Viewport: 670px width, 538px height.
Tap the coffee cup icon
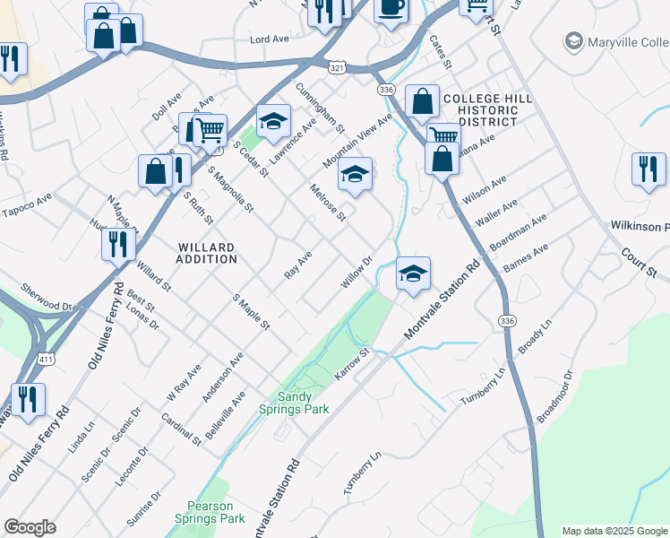[x=390, y=8]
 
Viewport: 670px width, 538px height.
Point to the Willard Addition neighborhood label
[x=207, y=253]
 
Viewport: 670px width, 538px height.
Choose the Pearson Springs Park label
[x=215, y=512]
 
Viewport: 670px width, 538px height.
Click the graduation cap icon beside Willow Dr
[x=412, y=273]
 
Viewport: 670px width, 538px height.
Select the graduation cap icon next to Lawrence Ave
[x=274, y=121]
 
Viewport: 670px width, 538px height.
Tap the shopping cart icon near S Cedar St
[x=210, y=130]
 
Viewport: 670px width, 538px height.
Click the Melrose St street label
[x=328, y=203]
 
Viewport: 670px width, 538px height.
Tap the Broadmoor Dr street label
[x=554, y=396]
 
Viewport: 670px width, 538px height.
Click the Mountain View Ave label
[x=358, y=140]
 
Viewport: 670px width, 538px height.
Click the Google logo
[x=30, y=527]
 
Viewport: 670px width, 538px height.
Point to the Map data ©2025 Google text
[x=614, y=531]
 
